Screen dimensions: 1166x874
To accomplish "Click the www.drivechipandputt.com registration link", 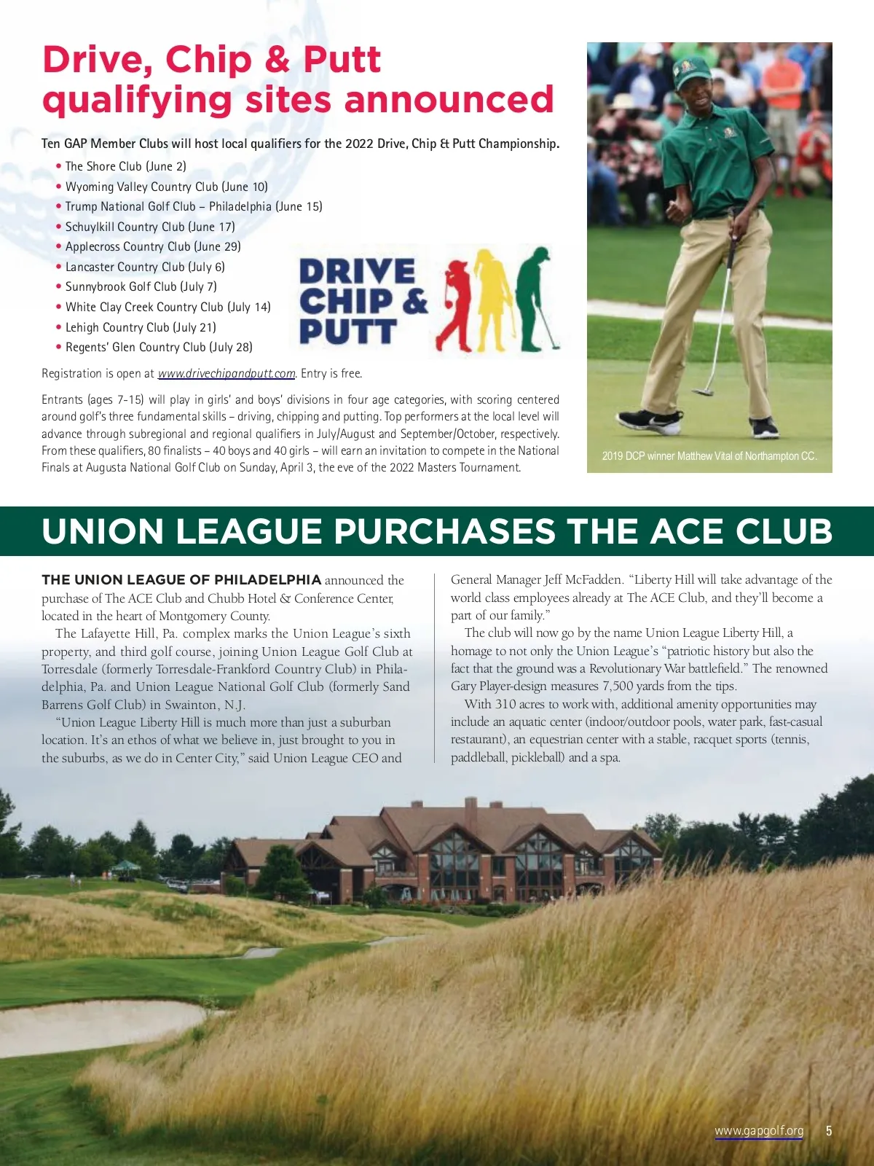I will [227, 374].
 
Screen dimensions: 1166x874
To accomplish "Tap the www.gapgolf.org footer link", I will [759, 1131].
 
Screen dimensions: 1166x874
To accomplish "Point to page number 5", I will [828, 1131].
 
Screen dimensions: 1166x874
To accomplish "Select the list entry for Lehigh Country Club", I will [141, 327].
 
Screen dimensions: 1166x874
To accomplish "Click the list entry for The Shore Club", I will [125, 166].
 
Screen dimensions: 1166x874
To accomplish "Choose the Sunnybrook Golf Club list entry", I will [141, 286].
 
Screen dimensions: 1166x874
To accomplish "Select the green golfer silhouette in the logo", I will [538, 295].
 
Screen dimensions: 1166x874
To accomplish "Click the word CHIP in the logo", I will [345, 301].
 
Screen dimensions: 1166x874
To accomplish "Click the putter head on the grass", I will [703, 391].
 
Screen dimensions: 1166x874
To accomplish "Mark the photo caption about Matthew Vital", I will [709, 456].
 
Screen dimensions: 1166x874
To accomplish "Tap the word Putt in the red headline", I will [342, 60].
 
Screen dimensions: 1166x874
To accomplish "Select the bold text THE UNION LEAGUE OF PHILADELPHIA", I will [181, 580].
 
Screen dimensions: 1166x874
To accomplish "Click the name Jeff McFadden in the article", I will [583, 580].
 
